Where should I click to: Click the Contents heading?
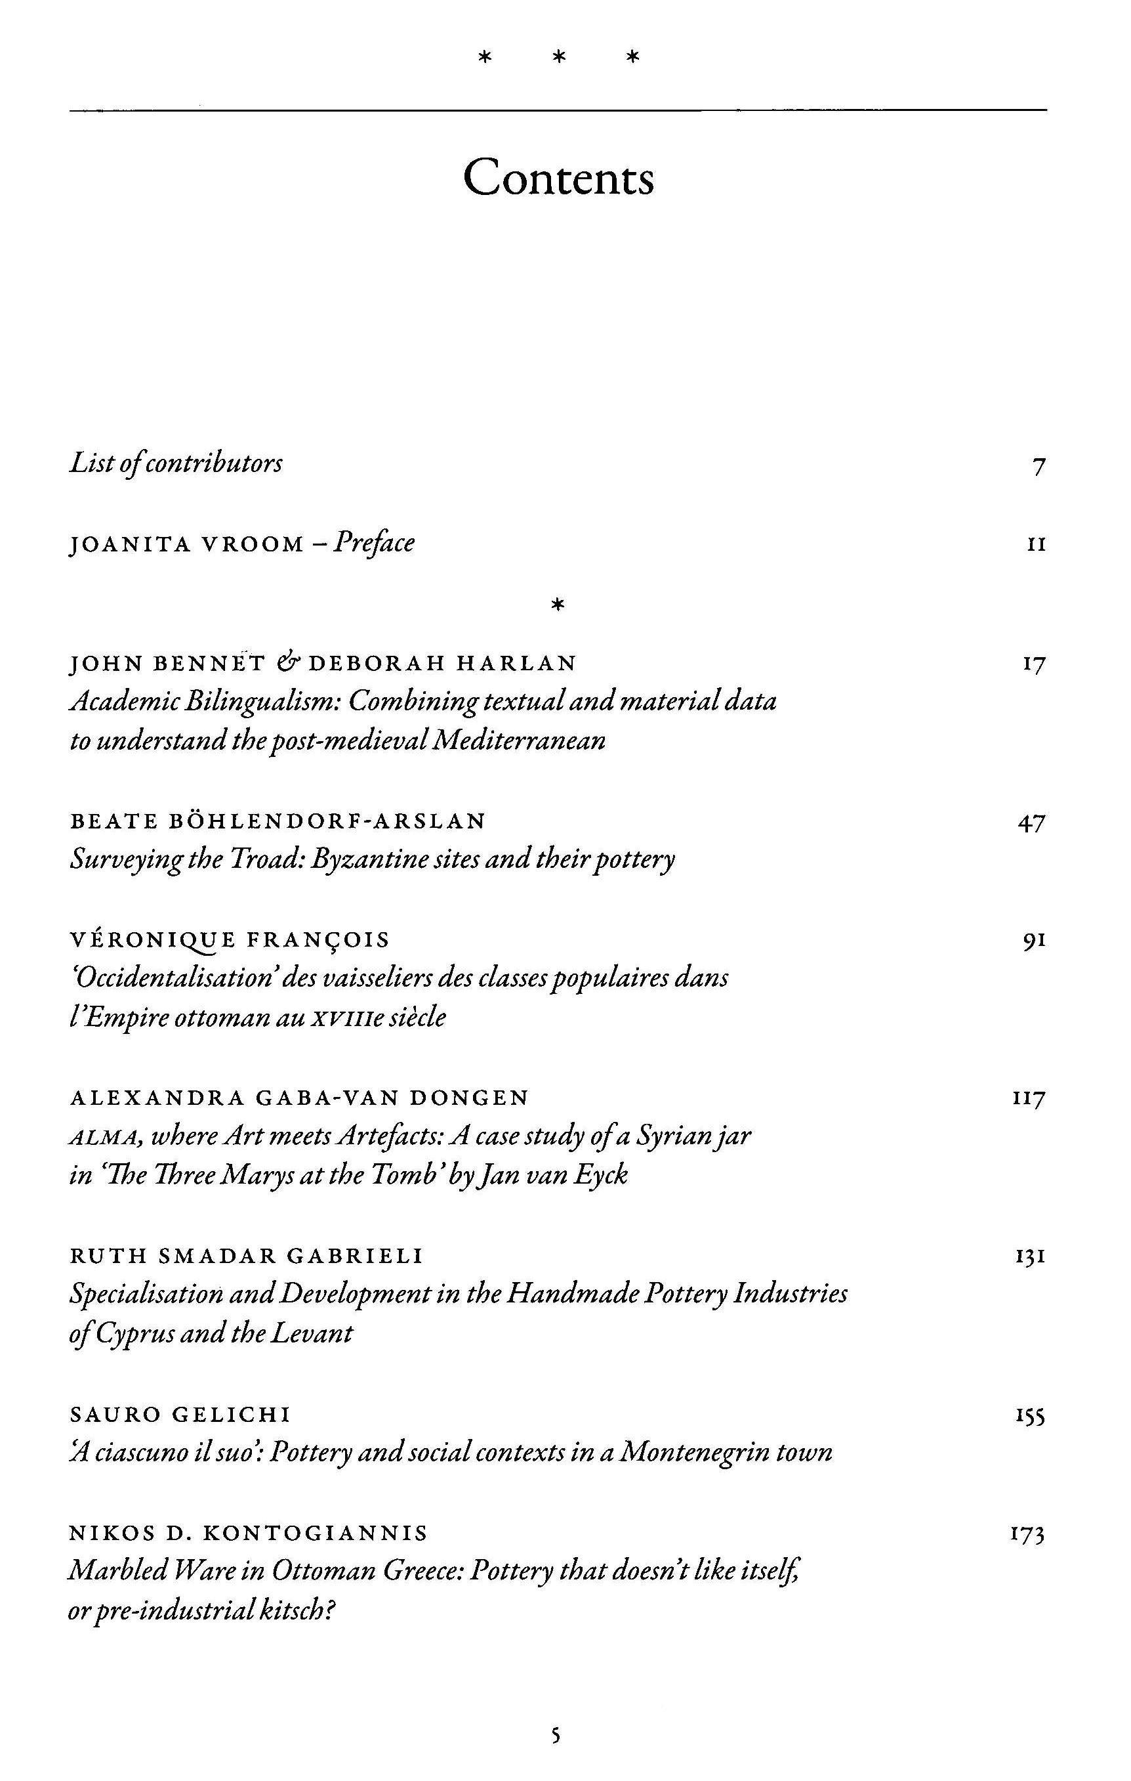pyautogui.click(x=558, y=177)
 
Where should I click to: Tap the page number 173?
pyautogui.click(x=1027, y=1535)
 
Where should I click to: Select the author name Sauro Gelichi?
pyautogui.click(x=180, y=1415)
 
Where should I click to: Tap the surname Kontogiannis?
pyautogui.click(x=315, y=1534)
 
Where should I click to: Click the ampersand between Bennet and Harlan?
pyautogui.click(x=285, y=662)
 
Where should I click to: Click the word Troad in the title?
pyautogui.click(x=257, y=859)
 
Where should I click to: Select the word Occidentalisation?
pyautogui.click(x=174, y=977)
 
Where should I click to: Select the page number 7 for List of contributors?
pyautogui.click(x=1038, y=466)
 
